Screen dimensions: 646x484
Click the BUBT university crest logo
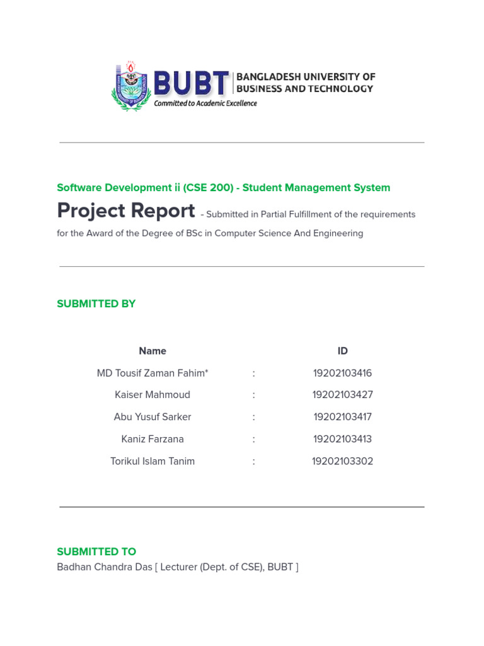coord(131,86)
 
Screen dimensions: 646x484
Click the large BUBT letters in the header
coord(191,83)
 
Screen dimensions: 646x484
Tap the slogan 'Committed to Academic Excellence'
coord(205,103)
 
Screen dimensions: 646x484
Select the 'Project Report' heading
coord(126,211)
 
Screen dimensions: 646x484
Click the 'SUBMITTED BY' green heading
coord(96,303)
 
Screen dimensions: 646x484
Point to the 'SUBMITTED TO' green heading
coord(96,551)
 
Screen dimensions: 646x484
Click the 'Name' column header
coord(153,351)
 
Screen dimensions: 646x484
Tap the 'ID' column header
coord(343,351)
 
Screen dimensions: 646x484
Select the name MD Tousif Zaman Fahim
coord(152,373)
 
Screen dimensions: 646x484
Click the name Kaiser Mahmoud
coord(153,395)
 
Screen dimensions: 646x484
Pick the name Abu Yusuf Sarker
coord(153,417)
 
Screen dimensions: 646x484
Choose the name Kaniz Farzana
coord(153,439)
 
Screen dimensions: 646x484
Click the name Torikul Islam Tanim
coord(153,461)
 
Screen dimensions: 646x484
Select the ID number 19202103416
coord(343,373)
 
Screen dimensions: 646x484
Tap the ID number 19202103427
coord(343,395)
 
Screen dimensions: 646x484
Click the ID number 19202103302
coord(343,461)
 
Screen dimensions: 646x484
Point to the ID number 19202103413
coord(343,439)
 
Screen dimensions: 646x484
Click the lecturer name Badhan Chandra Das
coord(105,567)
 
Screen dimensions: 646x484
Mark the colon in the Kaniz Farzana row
coord(254,439)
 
